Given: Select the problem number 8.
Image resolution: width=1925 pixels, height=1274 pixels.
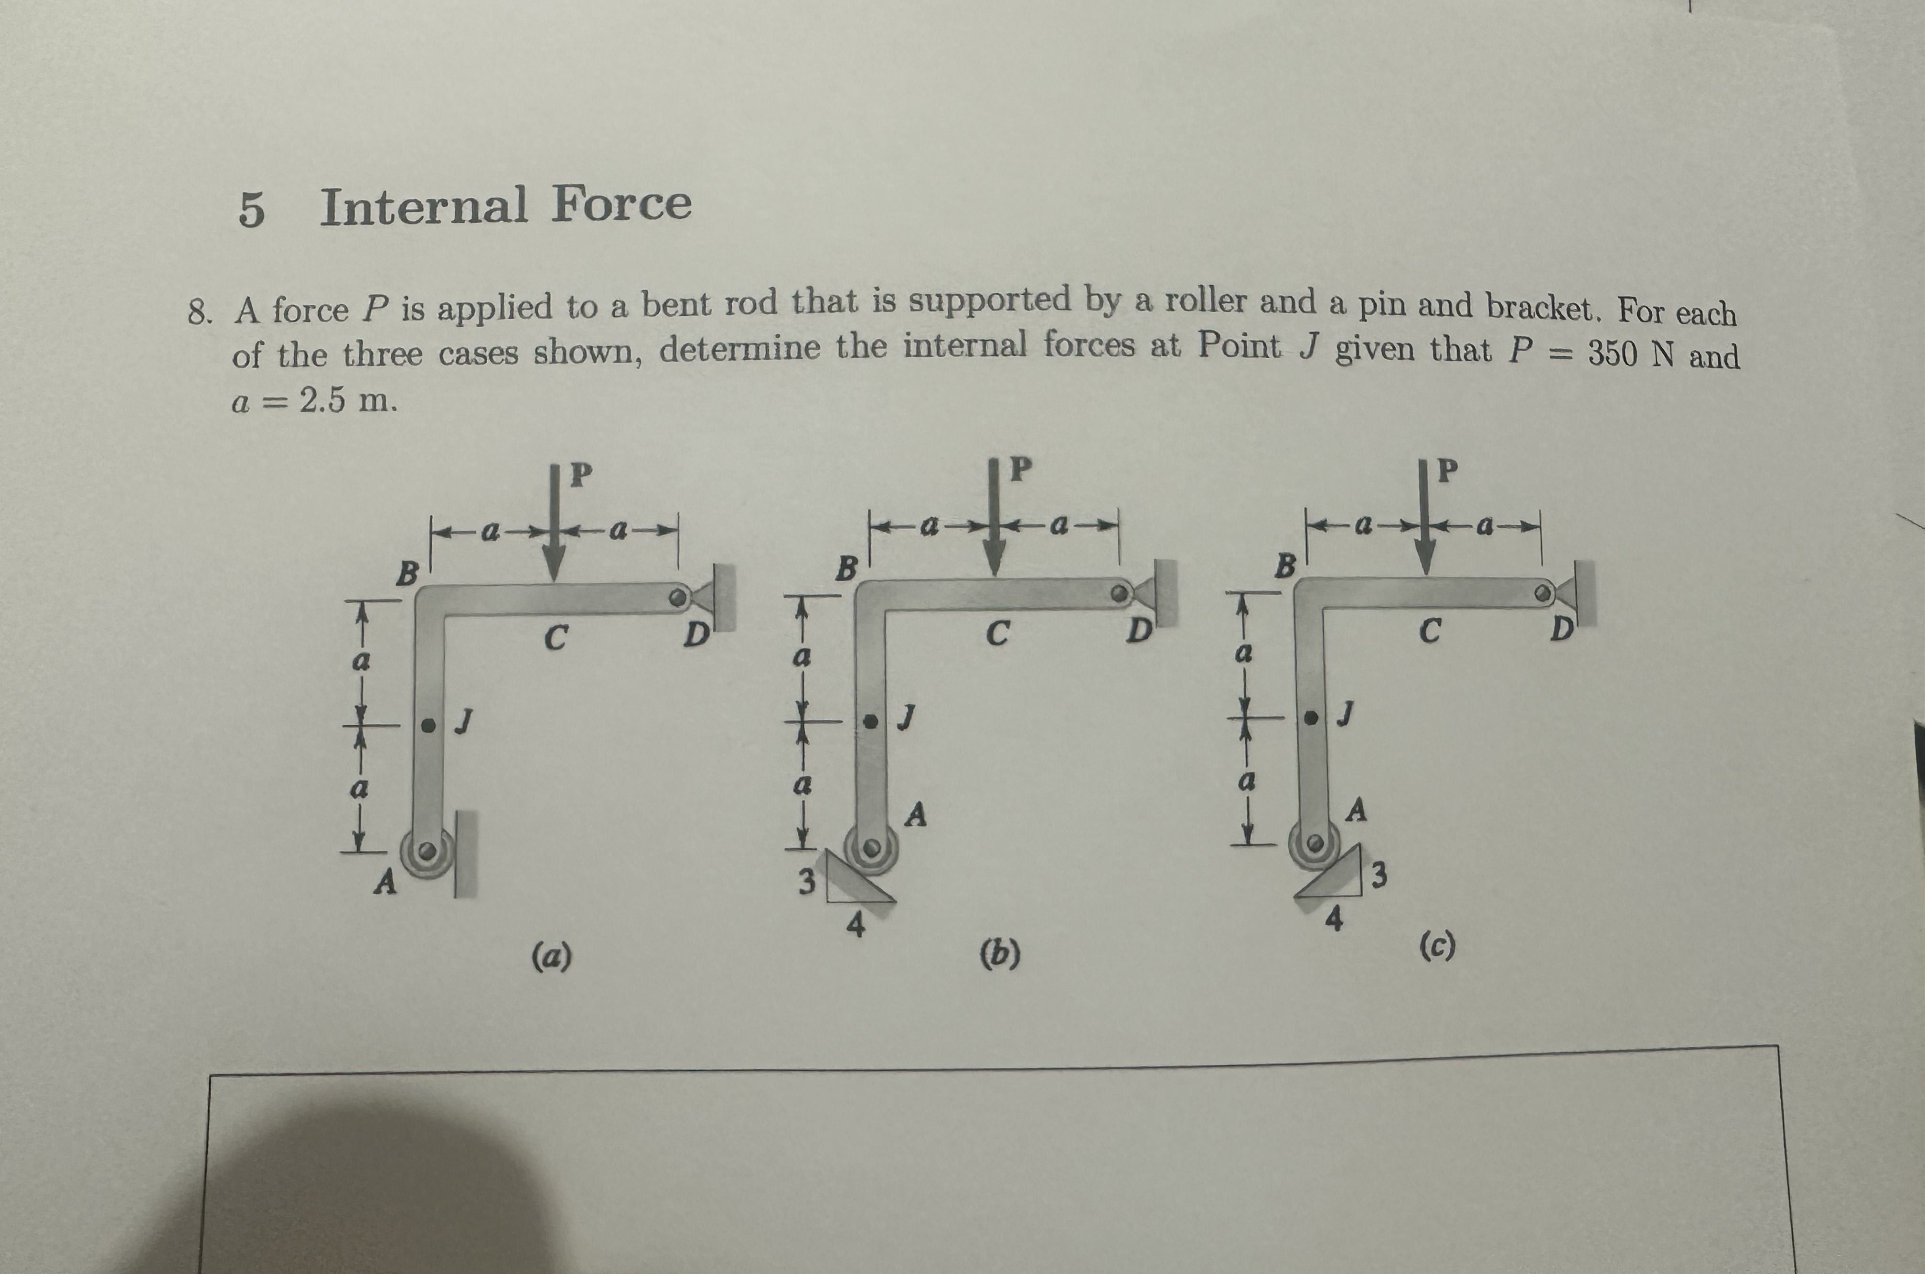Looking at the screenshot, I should [x=199, y=312].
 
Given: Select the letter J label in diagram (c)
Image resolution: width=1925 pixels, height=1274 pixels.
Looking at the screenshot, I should [x=1346, y=713].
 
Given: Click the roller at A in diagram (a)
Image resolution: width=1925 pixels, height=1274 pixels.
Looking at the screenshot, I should [x=427, y=853].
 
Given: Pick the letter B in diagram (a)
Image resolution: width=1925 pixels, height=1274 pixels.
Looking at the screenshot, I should [x=406, y=575].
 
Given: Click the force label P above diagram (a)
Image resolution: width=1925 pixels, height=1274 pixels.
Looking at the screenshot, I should [x=580, y=474].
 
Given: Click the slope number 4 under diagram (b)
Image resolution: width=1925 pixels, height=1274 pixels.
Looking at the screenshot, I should [x=856, y=925].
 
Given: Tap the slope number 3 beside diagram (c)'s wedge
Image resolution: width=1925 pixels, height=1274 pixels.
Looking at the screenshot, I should [x=1379, y=876].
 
